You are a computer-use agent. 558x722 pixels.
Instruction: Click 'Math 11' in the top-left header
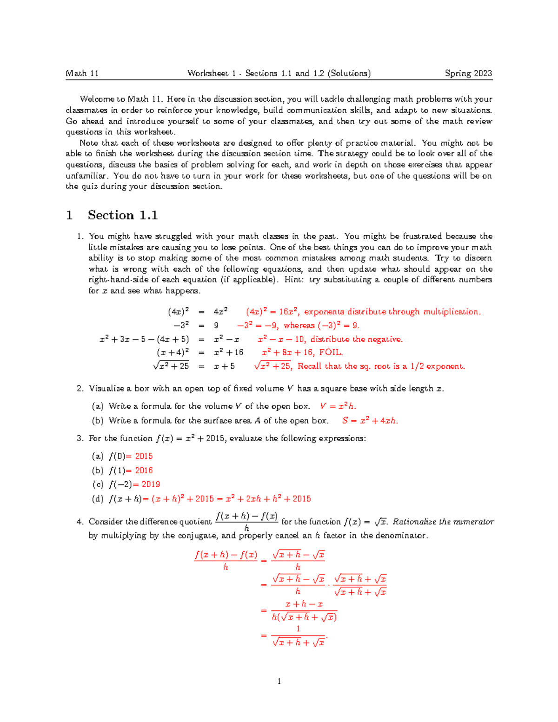pyautogui.click(x=82, y=73)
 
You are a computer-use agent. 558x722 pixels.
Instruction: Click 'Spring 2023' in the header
pyautogui.click(x=468, y=73)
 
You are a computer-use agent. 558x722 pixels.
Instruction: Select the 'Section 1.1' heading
pyautogui.click(x=123, y=215)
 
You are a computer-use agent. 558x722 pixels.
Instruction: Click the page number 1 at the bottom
pyautogui.click(x=279, y=682)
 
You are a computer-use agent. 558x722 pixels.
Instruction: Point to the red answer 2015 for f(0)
pyautogui.click(x=144, y=456)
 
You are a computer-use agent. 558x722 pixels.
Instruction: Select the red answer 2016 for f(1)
pyautogui.click(x=144, y=470)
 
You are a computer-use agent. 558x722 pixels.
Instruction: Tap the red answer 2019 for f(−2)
pyautogui.click(x=151, y=484)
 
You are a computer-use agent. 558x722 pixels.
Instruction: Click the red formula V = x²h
pyautogui.click(x=338, y=406)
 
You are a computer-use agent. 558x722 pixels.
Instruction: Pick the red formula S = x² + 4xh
pyautogui.click(x=370, y=421)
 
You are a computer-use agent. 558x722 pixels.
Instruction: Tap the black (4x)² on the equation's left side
pyautogui.click(x=178, y=312)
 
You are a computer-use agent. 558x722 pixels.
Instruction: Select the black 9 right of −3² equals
pyautogui.click(x=216, y=325)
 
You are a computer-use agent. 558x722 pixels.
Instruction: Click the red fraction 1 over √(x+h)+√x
pyautogui.click(x=299, y=636)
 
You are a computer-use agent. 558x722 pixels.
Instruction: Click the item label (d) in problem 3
pyautogui.click(x=98, y=499)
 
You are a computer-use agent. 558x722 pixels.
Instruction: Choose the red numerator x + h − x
pyautogui.click(x=304, y=604)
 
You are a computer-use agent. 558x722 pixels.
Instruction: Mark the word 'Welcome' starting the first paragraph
pyautogui.click(x=97, y=99)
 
